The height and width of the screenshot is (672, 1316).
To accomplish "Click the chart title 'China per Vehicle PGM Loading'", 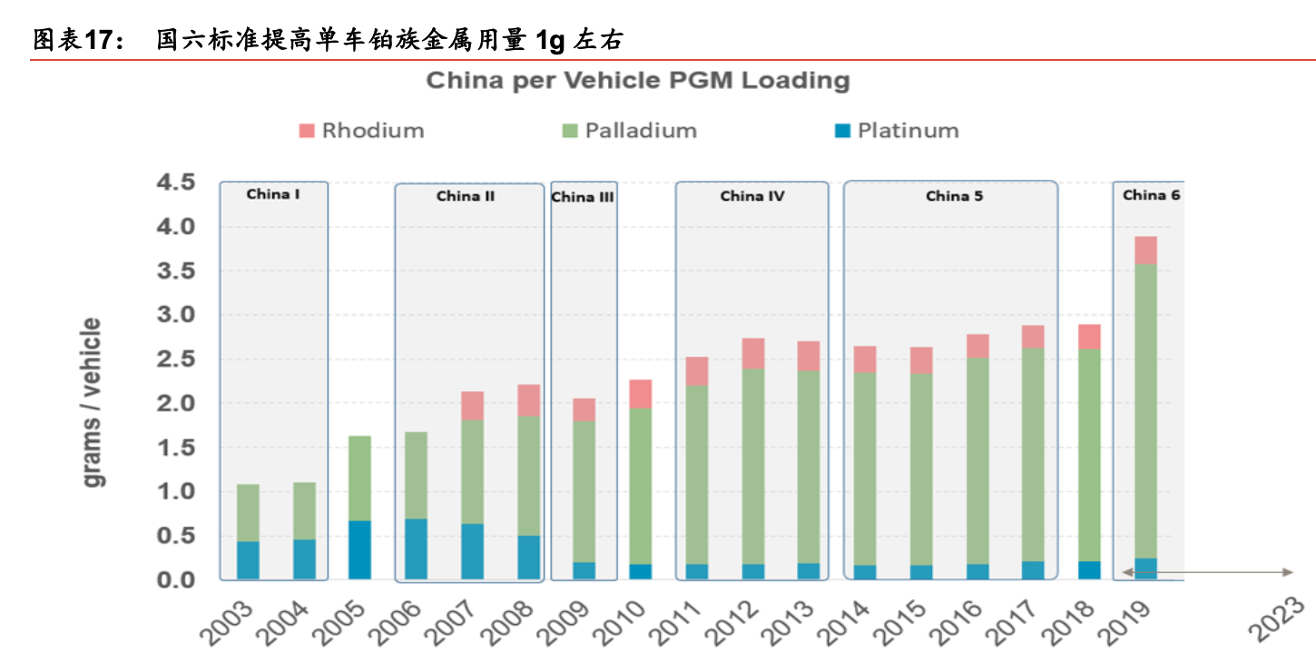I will tap(638, 81).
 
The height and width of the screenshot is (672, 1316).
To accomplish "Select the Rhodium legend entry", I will tap(360, 131).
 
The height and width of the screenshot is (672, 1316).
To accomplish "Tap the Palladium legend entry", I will tap(629, 131).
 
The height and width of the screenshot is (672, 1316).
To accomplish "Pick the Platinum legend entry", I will tap(897, 131).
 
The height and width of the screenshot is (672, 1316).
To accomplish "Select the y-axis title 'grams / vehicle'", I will tap(93, 402).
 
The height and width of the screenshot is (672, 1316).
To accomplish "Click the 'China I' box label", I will tap(273, 194).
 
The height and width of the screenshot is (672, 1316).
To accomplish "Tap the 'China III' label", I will tap(583, 197).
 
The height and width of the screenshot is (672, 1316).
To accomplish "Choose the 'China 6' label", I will tap(1151, 195).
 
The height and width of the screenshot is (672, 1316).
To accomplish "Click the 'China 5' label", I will tap(954, 196).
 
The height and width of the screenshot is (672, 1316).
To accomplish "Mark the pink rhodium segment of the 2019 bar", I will tap(1145, 250).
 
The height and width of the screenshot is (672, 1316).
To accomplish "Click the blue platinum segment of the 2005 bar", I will tap(360, 549).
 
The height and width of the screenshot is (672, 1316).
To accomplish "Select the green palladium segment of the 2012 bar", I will tap(753, 465).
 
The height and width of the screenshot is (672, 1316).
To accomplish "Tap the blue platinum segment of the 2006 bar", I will tap(417, 548).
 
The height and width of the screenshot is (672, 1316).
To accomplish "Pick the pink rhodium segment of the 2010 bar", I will tap(640, 394).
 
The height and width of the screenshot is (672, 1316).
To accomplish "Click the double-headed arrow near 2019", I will tap(1207, 572).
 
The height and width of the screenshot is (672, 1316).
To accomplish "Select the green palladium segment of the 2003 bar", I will tap(248, 512).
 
